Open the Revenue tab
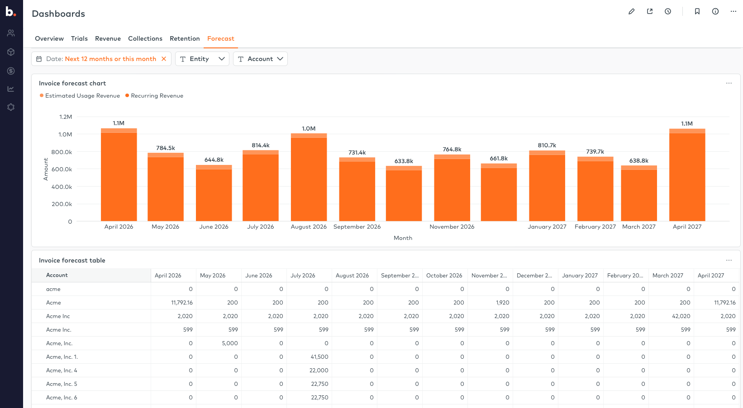[108, 38]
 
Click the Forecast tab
[220, 38]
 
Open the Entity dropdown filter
[202, 59]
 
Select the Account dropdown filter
[260, 59]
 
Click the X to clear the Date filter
[164, 59]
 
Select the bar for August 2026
[309, 178]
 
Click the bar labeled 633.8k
[404, 194]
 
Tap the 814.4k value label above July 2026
[261, 145]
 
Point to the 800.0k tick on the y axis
[62, 152]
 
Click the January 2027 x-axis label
[547, 226]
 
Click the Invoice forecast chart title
[72, 83]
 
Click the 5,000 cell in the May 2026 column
[230, 343]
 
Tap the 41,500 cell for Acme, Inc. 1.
[319, 357]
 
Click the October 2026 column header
[444, 275]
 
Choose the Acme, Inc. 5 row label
[62, 384]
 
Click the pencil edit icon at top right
[631, 12]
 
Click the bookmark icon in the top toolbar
[697, 12]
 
